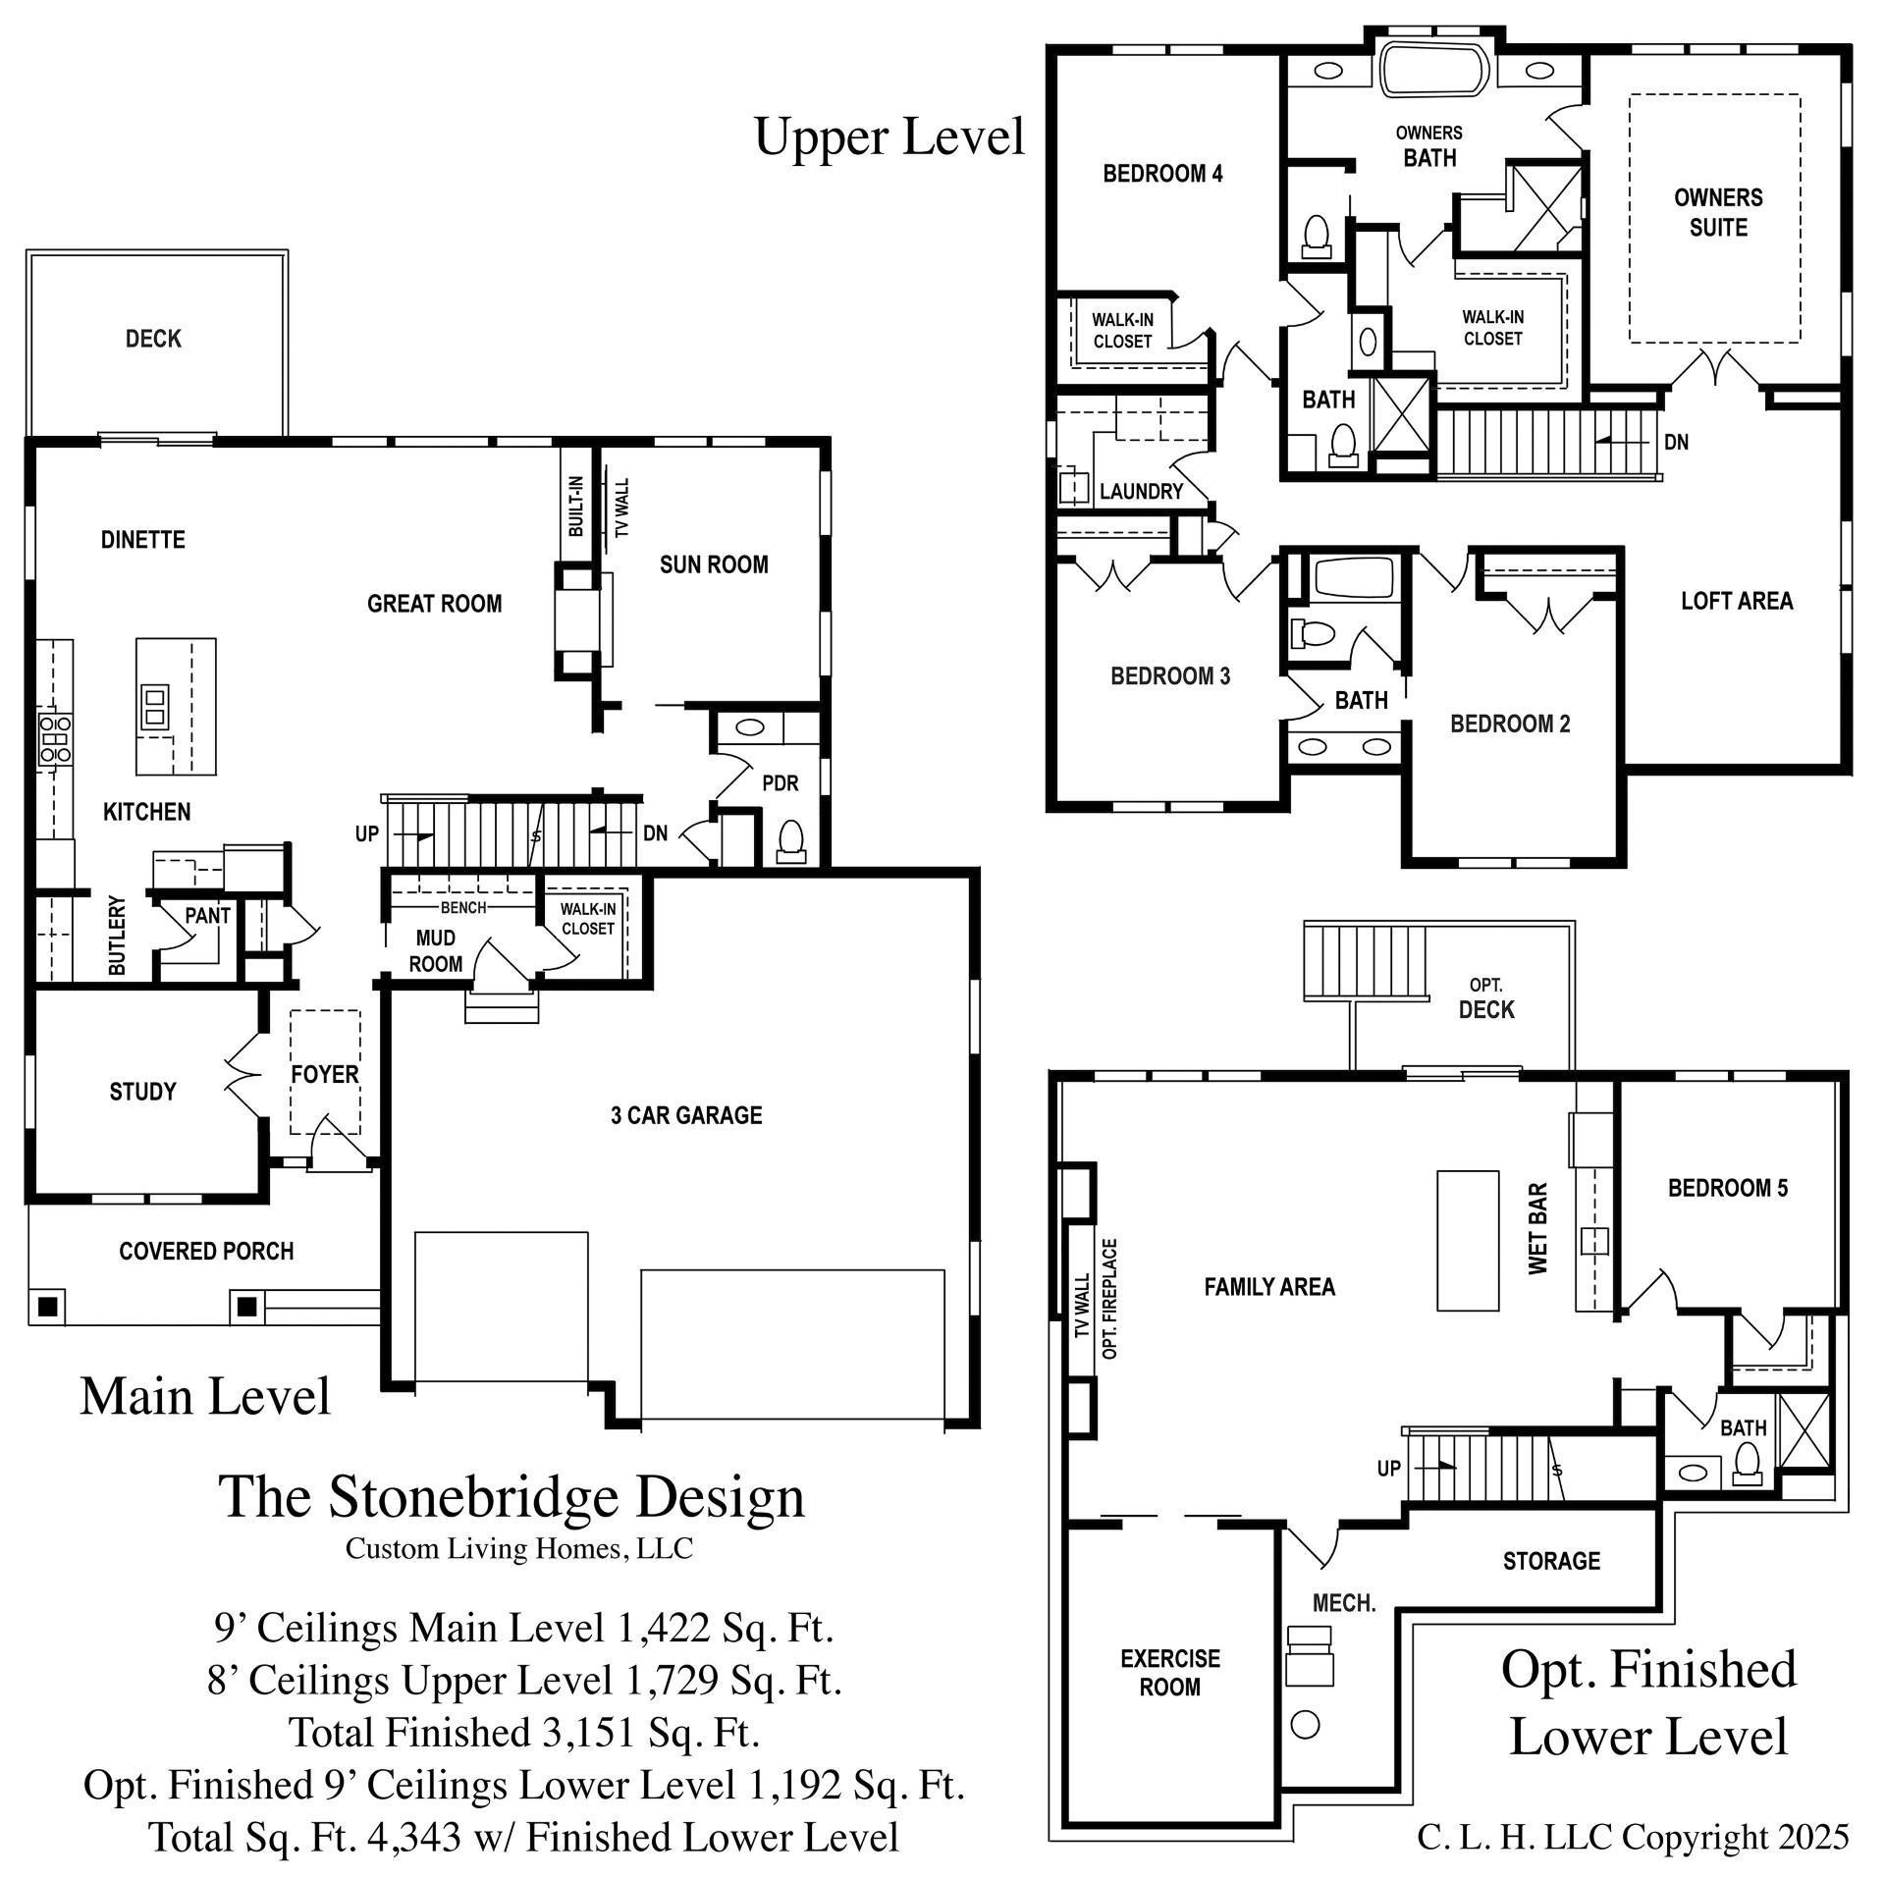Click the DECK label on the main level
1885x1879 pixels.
click(x=153, y=339)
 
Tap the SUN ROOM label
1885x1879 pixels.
click(x=714, y=564)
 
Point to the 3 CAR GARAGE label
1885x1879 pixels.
click(x=686, y=1115)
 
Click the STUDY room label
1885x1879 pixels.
click(x=142, y=1092)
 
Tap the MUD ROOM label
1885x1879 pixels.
click(x=435, y=951)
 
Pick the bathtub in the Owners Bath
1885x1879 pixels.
click(x=1434, y=68)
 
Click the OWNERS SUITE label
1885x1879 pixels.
click(x=1718, y=212)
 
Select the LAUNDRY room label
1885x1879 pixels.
click(x=1141, y=491)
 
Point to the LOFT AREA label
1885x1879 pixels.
click(x=1737, y=601)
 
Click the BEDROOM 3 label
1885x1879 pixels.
click(x=1170, y=676)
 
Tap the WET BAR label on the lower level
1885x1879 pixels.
click(x=1538, y=1228)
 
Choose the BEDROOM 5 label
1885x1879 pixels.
click(x=1728, y=1188)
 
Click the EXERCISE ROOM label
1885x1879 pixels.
click(x=1170, y=1672)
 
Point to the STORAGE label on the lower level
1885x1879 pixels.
click(x=1551, y=1561)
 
